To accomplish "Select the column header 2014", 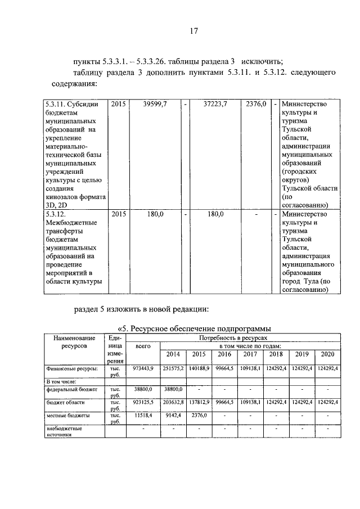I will [x=173, y=354].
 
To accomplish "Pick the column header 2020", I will [x=327, y=354].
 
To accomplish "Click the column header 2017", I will [x=250, y=354].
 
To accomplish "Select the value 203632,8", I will [x=174, y=403].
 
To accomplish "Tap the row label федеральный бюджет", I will [x=71, y=389].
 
